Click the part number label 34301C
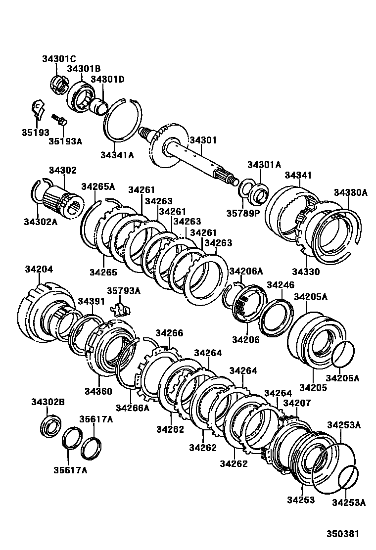point(59,59)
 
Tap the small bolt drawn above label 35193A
point(59,119)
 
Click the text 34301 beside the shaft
point(203,140)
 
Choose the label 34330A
point(350,192)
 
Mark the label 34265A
point(98,186)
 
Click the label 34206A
point(246,271)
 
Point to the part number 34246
point(280,285)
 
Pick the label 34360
point(98,391)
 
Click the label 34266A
point(132,408)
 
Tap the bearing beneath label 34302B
point(50,425)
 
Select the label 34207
point(297,403)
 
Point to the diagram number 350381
point(342,534)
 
